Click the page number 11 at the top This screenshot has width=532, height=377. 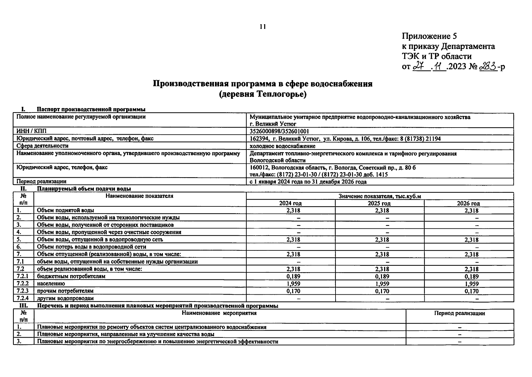(x=263, y=27)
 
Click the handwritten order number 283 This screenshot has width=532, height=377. (x=488, y=67)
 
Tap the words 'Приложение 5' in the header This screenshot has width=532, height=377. (x=429, y=36)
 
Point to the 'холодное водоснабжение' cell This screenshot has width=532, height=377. (x=282, y=146)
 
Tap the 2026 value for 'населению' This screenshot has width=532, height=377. (x=471, y=284)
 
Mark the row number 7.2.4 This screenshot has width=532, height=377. (x=23, y=298)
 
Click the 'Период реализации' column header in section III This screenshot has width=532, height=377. (x=459, y=313)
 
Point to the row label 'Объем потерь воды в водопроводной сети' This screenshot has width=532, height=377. (x=91, y=247)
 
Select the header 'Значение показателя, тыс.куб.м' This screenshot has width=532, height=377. (x=379, y=196)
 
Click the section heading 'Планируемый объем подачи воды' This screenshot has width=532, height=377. (x=84, y=189)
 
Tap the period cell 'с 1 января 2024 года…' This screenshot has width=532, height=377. (x=308, y=182)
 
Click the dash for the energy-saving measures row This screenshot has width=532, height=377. (x=460, y=342)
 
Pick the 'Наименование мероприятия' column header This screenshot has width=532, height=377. (x=219, y=313)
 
